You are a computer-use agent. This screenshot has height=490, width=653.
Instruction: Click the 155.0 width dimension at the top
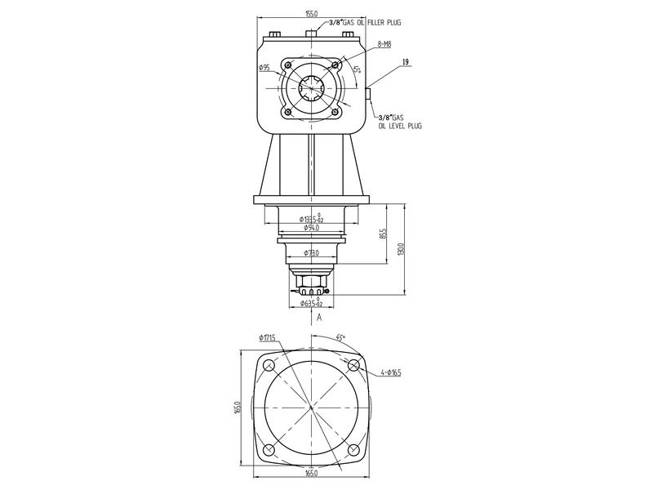311,14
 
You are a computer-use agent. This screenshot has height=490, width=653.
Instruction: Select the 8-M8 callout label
383,44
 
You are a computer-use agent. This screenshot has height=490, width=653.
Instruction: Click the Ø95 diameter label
264,68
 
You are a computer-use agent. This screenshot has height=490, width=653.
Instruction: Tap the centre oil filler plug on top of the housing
311,33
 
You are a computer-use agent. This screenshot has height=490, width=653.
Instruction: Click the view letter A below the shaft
320,315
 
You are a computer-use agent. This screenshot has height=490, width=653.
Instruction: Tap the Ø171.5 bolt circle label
270,337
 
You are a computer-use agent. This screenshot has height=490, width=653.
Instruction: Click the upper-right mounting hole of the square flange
353,366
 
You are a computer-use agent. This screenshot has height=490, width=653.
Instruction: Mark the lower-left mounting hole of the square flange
269,450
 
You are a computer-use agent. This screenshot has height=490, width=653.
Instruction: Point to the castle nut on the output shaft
311,287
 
